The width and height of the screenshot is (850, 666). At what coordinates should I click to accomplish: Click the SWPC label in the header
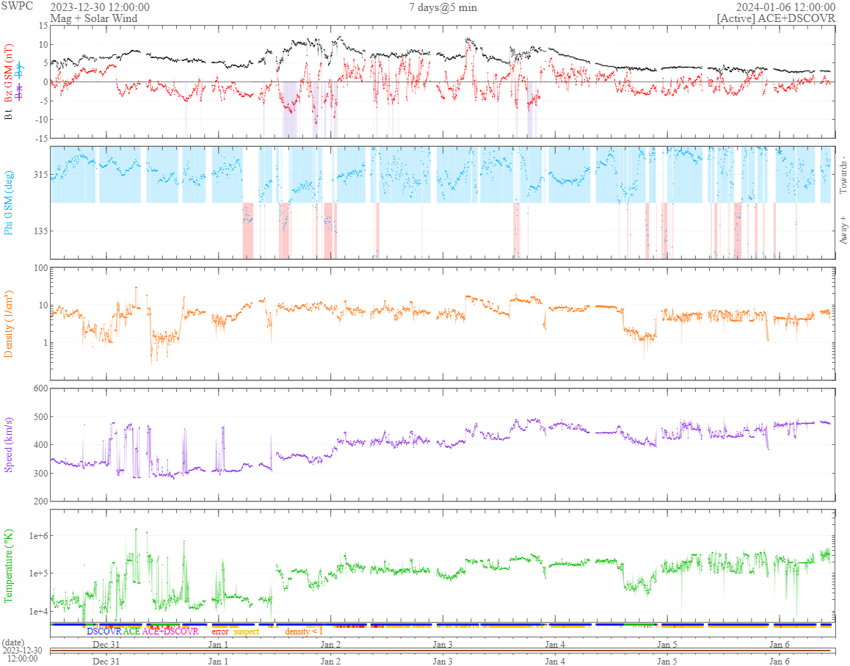[14, 7]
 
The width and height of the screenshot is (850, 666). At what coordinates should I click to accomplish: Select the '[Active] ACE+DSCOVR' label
[776, 18]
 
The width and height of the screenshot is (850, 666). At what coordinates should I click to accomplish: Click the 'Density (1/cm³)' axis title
[9, 324]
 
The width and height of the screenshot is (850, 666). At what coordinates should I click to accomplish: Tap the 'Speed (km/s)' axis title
[9, 444]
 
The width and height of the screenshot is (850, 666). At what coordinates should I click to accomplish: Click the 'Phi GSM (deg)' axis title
[9, 202]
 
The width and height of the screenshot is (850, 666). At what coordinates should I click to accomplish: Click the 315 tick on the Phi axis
[39, 175]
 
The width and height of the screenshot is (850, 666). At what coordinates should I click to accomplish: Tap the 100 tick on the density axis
[39, 268]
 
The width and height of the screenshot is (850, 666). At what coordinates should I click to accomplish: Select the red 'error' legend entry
[219, 631]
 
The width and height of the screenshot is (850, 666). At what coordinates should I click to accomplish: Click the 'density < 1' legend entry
[303, 631]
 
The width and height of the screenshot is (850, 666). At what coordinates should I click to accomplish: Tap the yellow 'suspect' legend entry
[247, 631]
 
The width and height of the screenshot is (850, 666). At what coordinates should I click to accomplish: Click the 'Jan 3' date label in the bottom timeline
[443, 661]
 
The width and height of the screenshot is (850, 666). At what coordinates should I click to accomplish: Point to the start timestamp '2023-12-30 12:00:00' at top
[100, 7]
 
